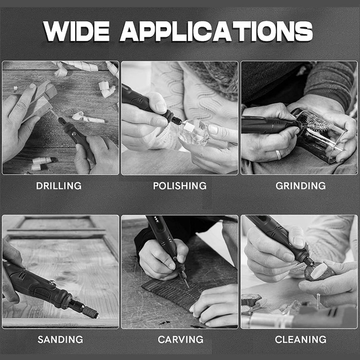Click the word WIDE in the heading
point(76,31)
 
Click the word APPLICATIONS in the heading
point(216,31)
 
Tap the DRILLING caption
point(59,186)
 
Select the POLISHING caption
point(180,186)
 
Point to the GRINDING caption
point(301,186)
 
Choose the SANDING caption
point(60,339)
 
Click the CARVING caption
point(180,339)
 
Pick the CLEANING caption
point(301,339)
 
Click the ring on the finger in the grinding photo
point(279,155)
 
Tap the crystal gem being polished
point(193,132)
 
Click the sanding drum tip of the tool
point(90,312)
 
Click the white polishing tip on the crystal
point(189,126)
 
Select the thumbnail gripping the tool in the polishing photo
point(161,106)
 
